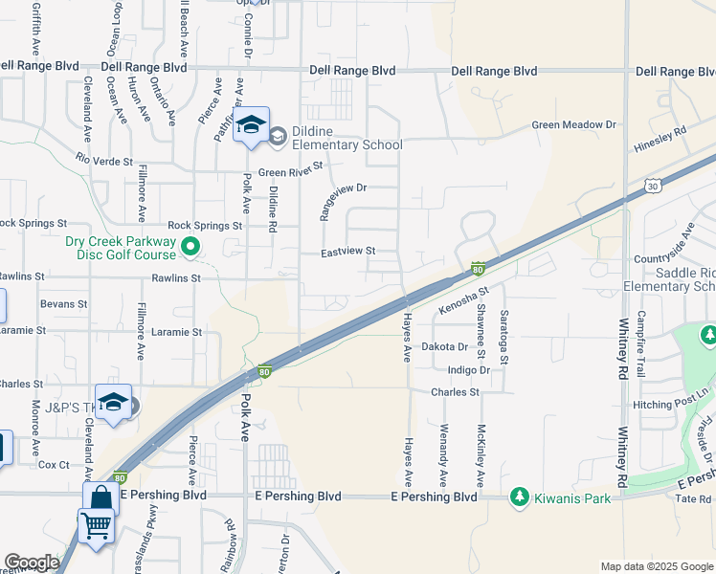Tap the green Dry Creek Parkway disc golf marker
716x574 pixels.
(190, 249)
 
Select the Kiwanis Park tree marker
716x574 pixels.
(519, 497)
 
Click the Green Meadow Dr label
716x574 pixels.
(574, 125)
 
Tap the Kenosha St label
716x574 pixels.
(464, 301)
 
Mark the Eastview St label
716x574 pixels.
(346, 252)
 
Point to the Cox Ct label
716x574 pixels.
(54, 465)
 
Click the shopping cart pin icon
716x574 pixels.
(95, 526)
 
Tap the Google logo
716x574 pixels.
(32, 563)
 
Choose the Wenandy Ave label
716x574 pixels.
(442, 450)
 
